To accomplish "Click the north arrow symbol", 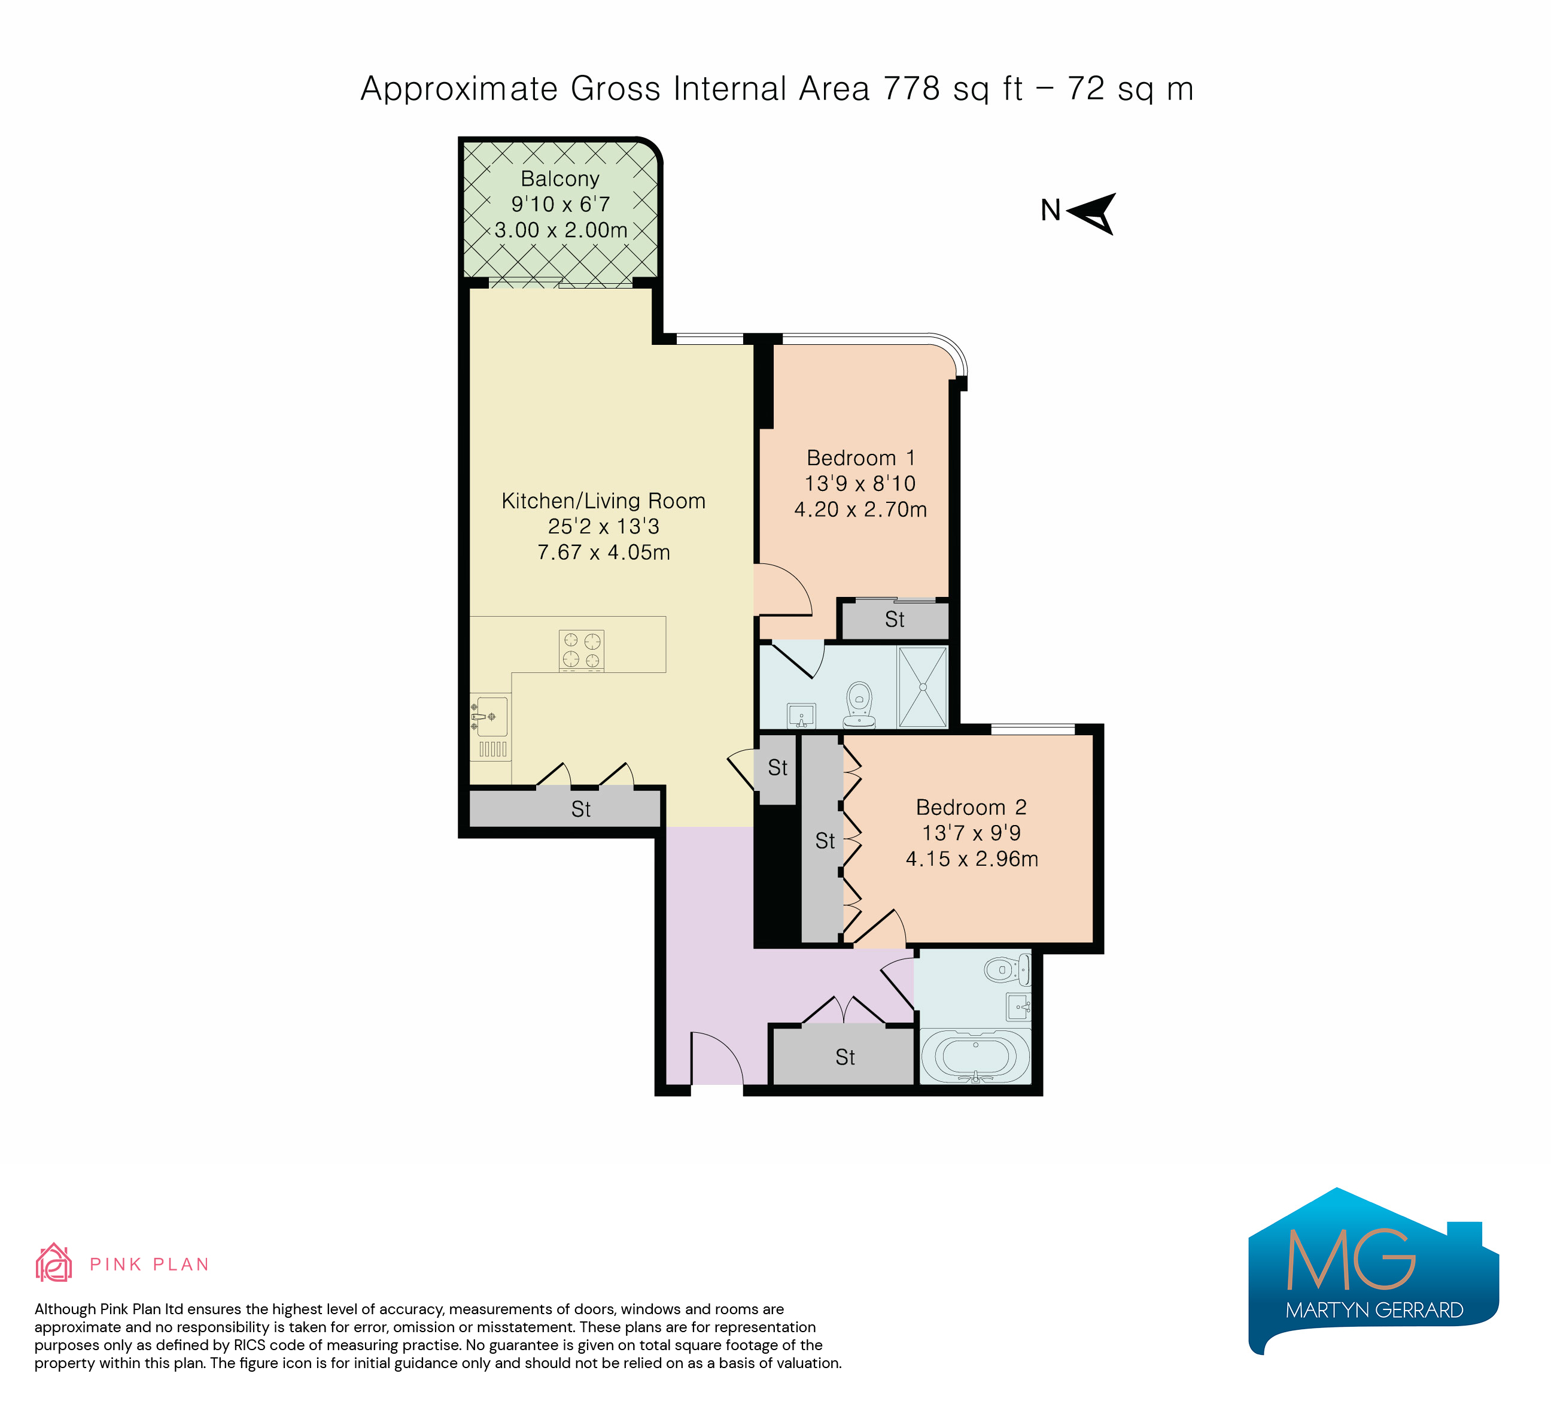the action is (1094, 213).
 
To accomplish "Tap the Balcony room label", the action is (560, 178).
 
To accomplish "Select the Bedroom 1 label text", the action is (861, 458).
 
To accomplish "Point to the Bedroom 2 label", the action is (972, 808).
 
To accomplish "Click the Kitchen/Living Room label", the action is (604, 501).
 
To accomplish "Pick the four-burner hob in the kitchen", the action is (582, 650).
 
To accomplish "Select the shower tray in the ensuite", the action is (923, 687).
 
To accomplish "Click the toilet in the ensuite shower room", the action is (859, 704).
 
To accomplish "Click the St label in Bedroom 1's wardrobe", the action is (895, 620).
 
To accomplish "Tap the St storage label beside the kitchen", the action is (581, 809).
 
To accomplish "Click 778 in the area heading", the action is (912, 89).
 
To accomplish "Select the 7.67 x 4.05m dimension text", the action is (604, 553).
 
